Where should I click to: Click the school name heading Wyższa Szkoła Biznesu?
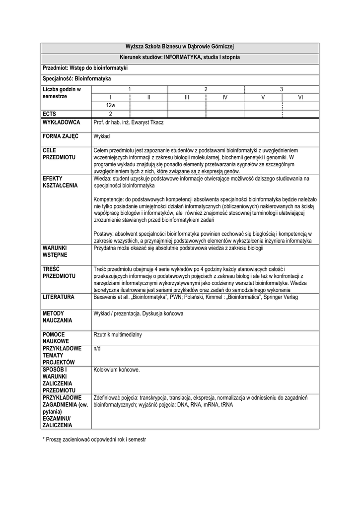(x=180, y=46)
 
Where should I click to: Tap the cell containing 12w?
(x=111, y=106)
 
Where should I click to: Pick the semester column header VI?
(x=300, y=97)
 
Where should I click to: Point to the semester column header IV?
(x=224, y=97)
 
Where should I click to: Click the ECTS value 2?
(x=111, y=114)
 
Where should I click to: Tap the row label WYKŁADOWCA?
(x=62, y=123)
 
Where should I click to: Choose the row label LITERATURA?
(x=59, y=297)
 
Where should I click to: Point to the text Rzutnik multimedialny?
(x=118, y=335)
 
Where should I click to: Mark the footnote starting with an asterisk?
(x=94, y=440)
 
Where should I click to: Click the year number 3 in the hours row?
(x=281, y=89)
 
